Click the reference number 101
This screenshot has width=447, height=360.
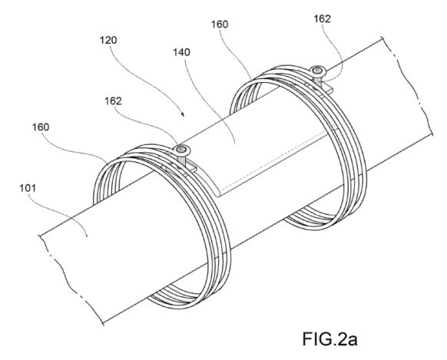(x=28, y=188)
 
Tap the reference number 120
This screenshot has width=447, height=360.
(x=108, y=40)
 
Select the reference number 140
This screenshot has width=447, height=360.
(x=181, y=52)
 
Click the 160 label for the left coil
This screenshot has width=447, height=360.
(x=41, y=127)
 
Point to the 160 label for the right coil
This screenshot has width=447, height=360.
(x=220, y=25)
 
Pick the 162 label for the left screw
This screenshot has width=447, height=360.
(x=113, y=101)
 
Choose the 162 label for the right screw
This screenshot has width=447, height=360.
(x=322, y=18)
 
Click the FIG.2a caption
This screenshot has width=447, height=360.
(x=329, y=339)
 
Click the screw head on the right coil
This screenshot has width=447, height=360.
(x=317, y=70)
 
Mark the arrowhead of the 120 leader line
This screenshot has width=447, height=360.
(x=183, y=115)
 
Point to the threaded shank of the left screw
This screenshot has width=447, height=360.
(x=181, y=159)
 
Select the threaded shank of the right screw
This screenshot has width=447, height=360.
(x=317, y=81)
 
